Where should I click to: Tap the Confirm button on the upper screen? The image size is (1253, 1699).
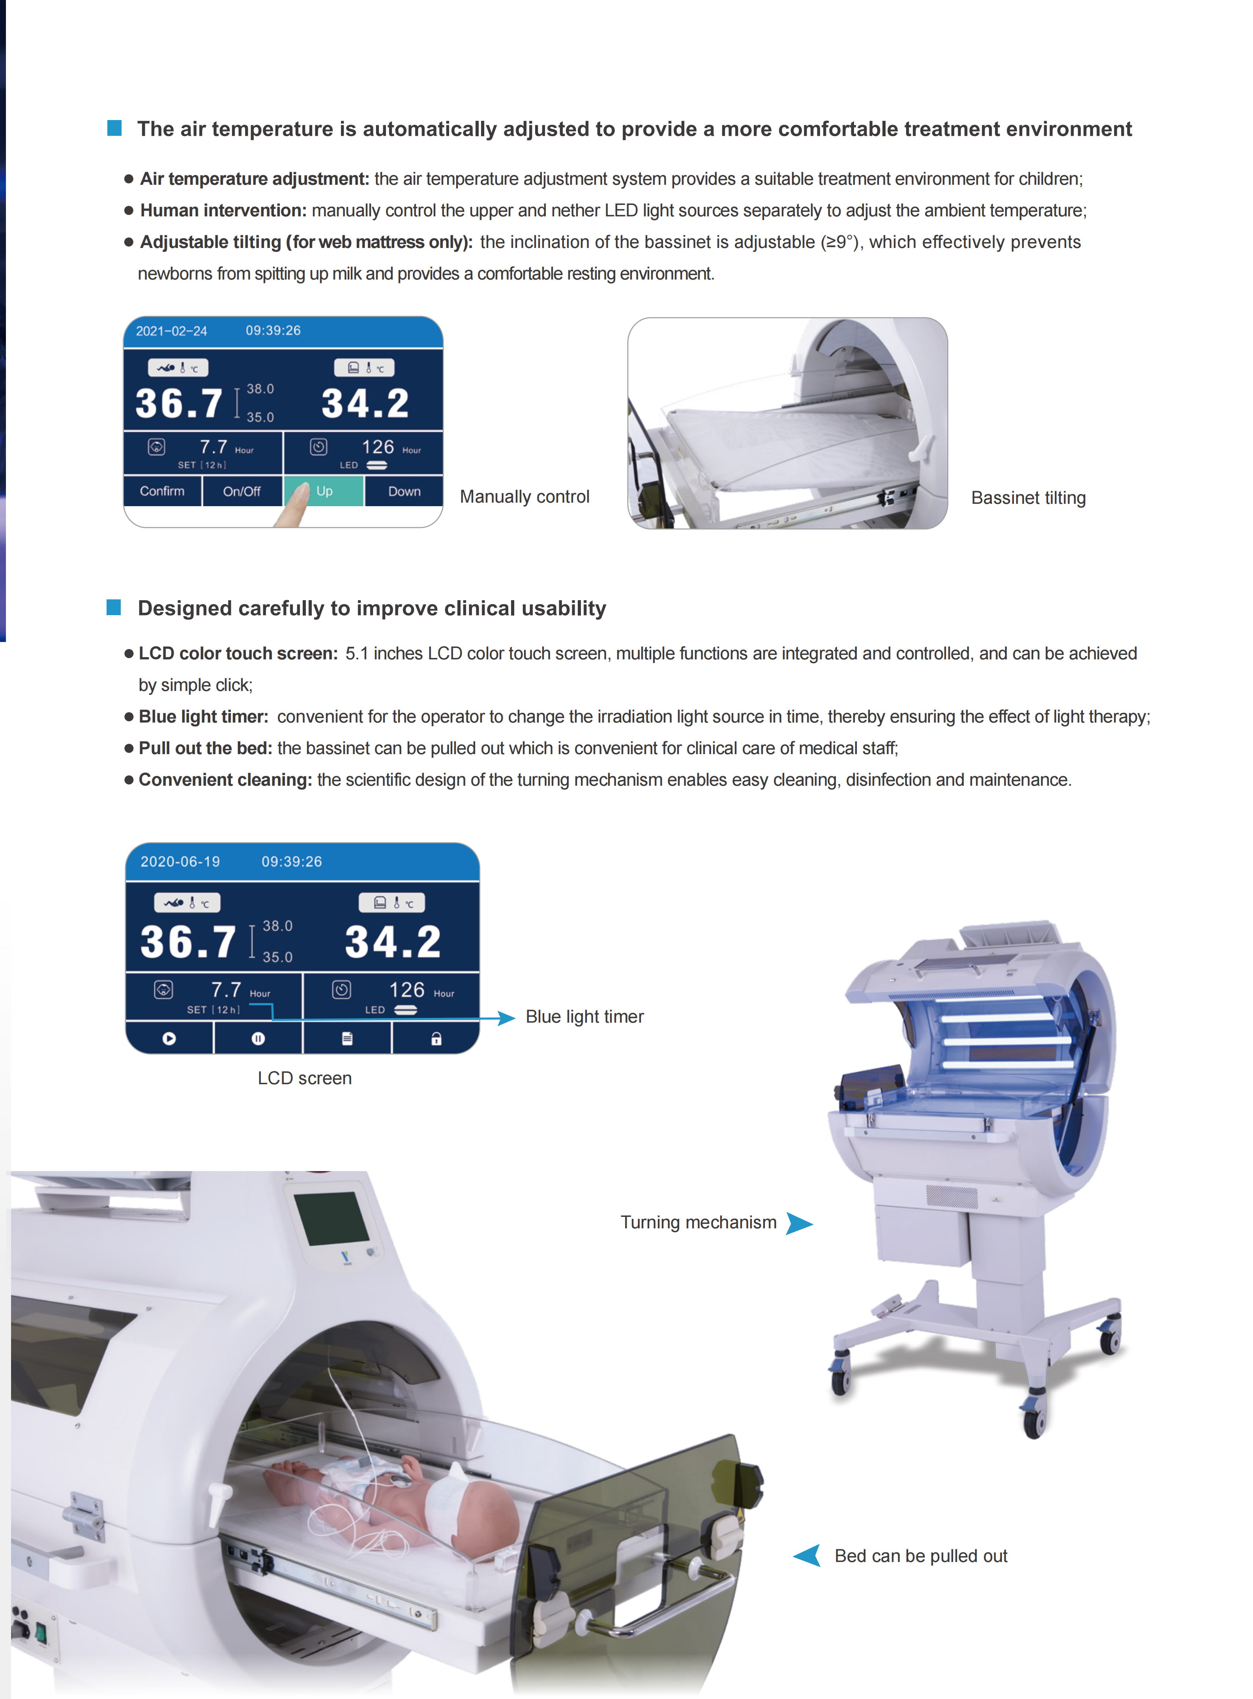coord(162,491)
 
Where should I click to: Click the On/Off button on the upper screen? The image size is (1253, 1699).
coord(242,491)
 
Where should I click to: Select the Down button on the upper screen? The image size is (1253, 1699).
coord(404,491)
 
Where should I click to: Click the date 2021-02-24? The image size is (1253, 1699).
coord(171,331)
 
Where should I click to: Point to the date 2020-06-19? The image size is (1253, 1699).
coord(180,861)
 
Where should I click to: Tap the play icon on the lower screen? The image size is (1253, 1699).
coord(169,1038)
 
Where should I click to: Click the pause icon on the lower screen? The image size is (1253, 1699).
coord(258,1038)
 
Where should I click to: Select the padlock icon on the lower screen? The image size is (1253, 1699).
coord(436,1038)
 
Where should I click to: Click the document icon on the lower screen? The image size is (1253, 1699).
coord(347,1038)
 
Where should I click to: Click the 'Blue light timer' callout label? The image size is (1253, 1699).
coord(585,1017)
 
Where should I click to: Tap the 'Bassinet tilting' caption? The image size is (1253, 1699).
coord(1028,498)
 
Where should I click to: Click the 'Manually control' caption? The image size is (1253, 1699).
coord(525,497)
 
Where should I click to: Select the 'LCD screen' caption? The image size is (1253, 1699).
coord(305,1078)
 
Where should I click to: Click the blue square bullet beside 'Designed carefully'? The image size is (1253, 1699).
coord(114,607)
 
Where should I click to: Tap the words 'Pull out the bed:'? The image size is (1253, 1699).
coord(206,748)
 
